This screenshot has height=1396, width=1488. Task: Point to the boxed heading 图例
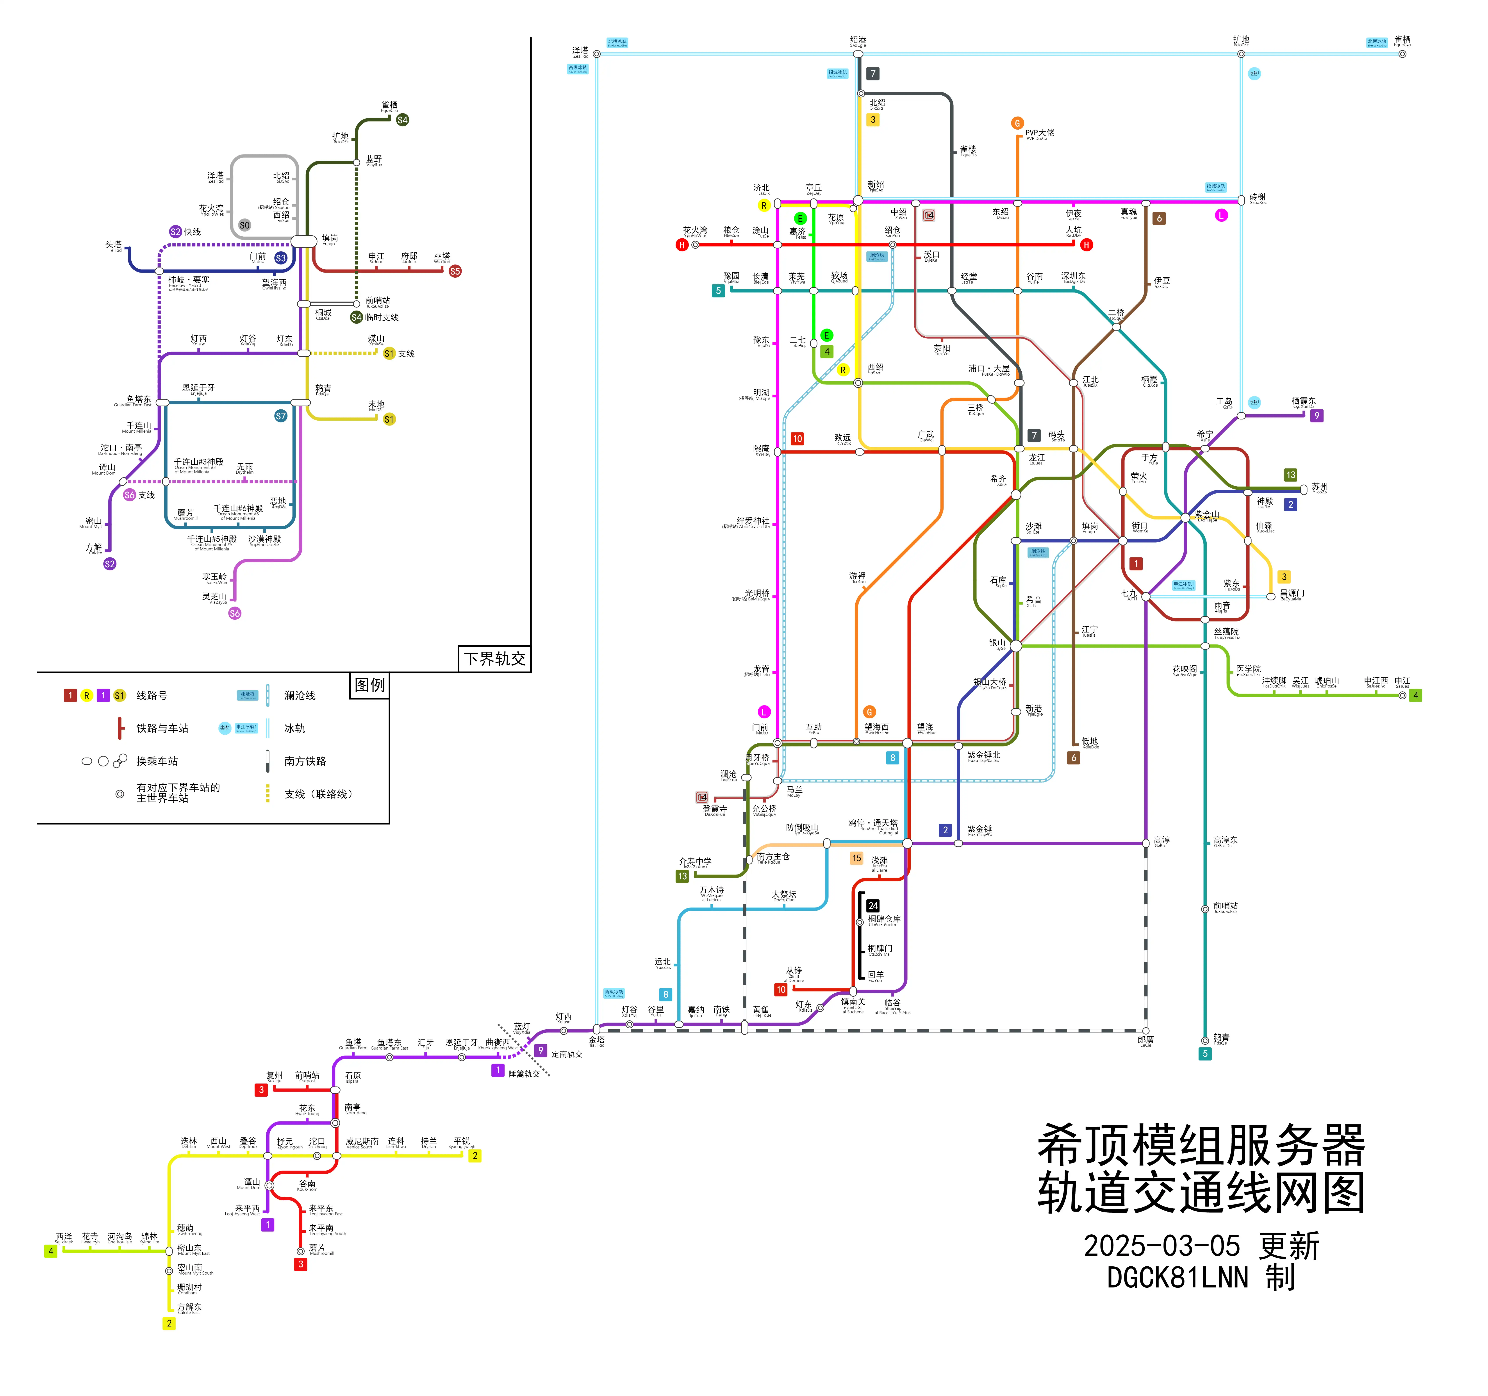click(370, 685)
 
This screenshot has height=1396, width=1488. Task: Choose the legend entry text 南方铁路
click(305, 761)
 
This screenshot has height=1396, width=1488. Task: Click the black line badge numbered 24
click(873, 906)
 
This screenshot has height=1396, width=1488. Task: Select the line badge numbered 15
click(856, 859)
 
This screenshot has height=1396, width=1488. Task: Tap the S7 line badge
click(281, 416)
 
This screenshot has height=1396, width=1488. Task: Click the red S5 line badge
click(455, 271)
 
